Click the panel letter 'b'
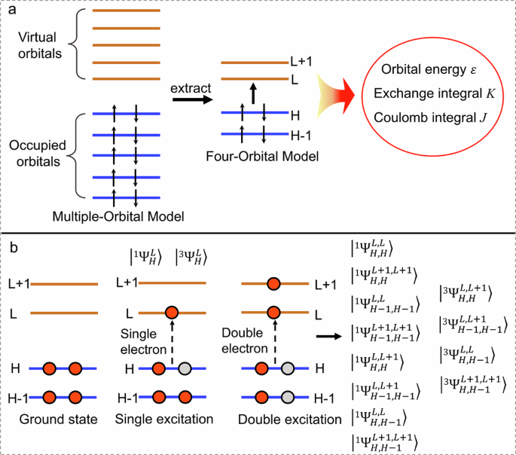(11, 247)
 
